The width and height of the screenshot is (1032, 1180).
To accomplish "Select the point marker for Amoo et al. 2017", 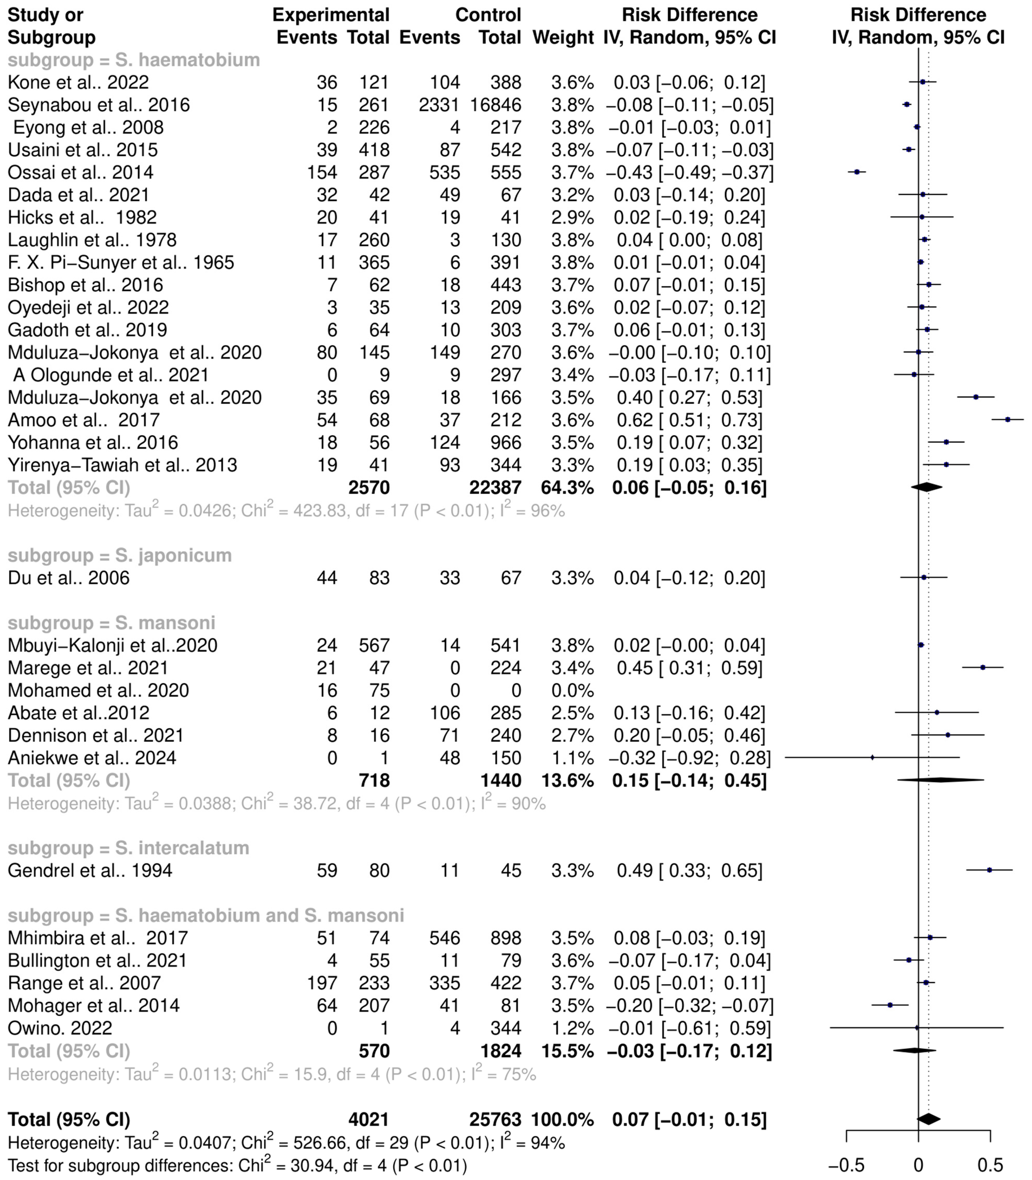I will (1007, 420).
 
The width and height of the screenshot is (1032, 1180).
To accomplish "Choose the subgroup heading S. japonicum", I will (120, 555).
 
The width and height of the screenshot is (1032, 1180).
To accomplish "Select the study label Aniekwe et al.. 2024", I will (92, 758).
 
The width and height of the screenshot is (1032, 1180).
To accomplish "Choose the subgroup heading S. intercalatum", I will (128, 848).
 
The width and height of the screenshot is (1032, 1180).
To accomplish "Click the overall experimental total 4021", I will (368, 1120).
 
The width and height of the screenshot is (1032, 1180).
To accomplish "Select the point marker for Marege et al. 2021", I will (982, 668).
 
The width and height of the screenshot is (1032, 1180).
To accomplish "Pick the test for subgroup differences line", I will (237, 1166).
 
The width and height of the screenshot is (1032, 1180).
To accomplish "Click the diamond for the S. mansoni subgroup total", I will (940, 780).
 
